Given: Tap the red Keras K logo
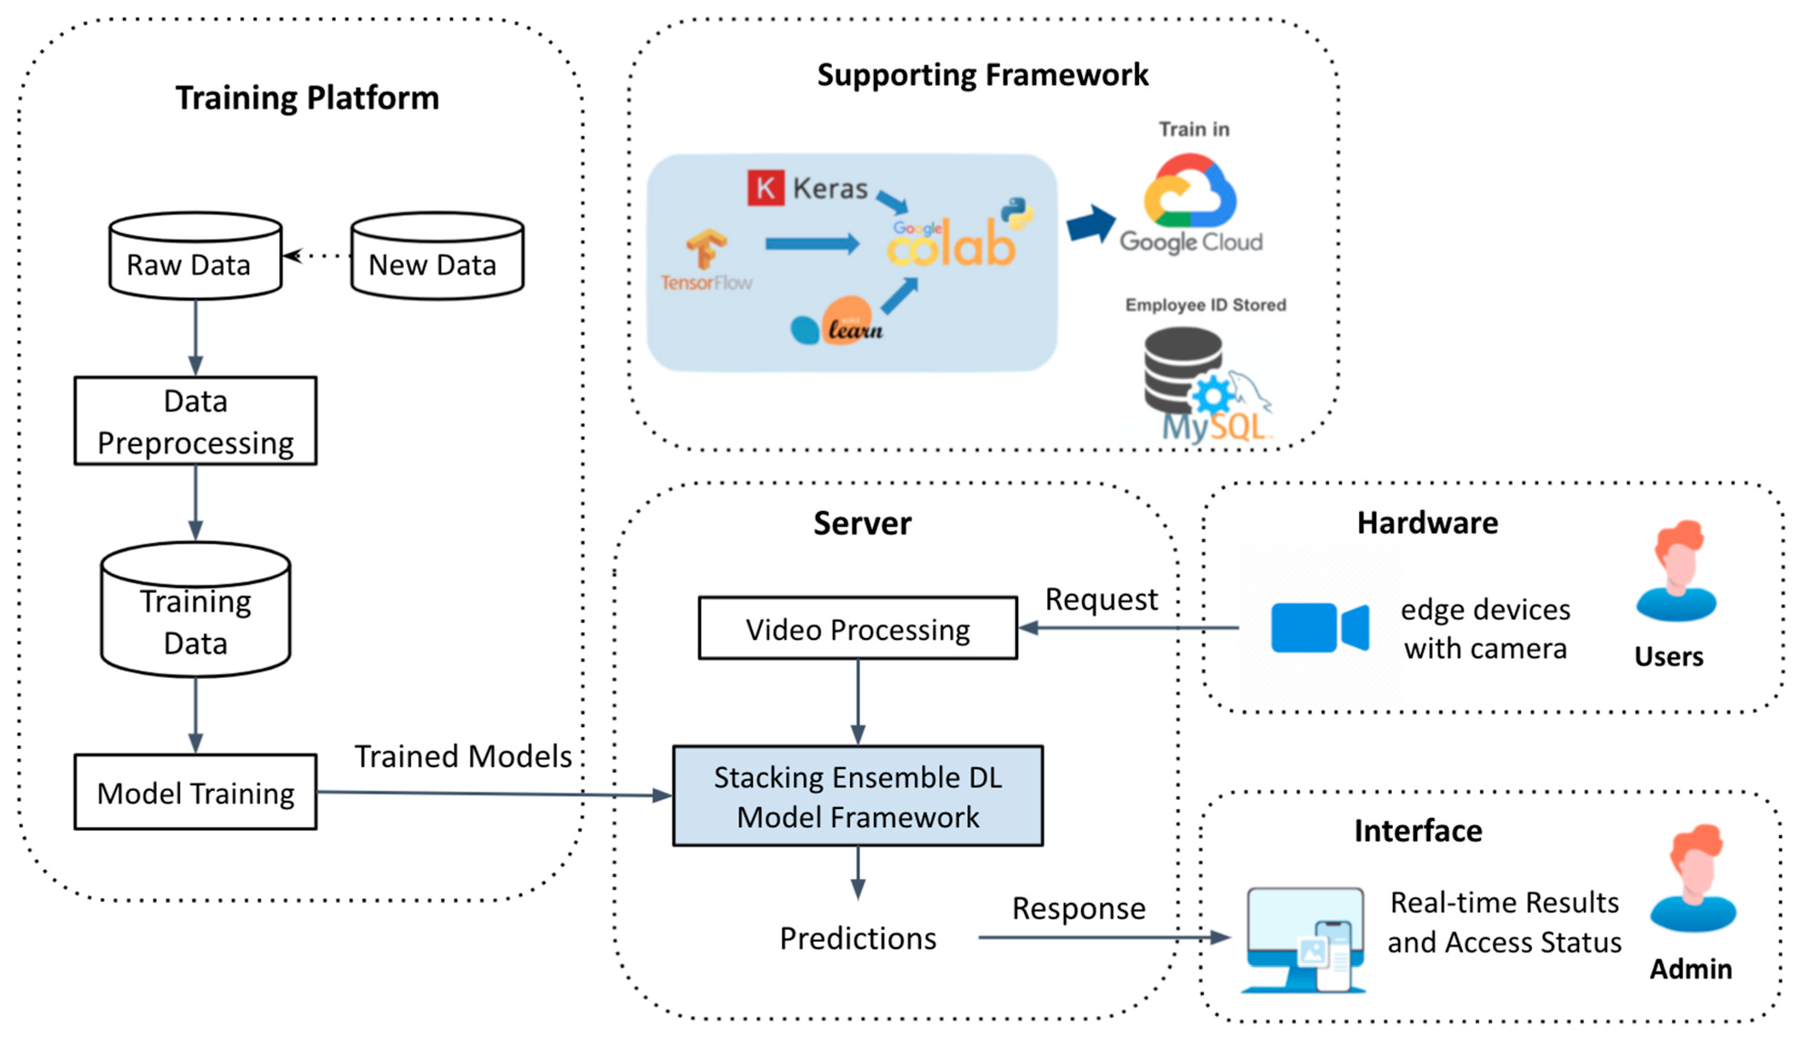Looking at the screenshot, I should (765, 188).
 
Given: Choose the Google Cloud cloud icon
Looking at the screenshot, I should (1190, 191).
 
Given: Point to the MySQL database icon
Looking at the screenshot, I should (1203, 385).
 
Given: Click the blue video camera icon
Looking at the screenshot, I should (1319, 627).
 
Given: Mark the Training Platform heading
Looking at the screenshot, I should (308, 98).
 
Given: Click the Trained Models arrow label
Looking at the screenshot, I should (463, 756).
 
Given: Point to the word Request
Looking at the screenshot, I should (1101, 599).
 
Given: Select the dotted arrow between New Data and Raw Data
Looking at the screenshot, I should (318, 255).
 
